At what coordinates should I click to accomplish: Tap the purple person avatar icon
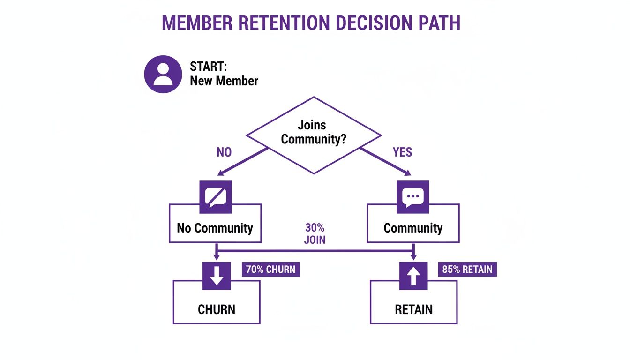tap(163, 74)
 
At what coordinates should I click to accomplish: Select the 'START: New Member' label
tap(224, 74)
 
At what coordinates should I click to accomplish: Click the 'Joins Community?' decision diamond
tap(314, 135)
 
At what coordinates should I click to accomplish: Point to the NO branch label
tap(224, 152)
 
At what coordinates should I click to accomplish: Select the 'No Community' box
tap(215, 228)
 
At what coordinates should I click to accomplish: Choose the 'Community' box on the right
tap(413, 228)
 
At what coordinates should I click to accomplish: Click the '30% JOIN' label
tap(315, 234)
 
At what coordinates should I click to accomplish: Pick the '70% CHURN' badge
tap(271, 270)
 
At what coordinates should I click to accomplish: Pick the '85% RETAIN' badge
tap(467, 270)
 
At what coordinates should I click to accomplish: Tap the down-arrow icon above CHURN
tap(216, 276)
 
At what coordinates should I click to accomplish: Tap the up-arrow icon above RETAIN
tap(413, 276)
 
